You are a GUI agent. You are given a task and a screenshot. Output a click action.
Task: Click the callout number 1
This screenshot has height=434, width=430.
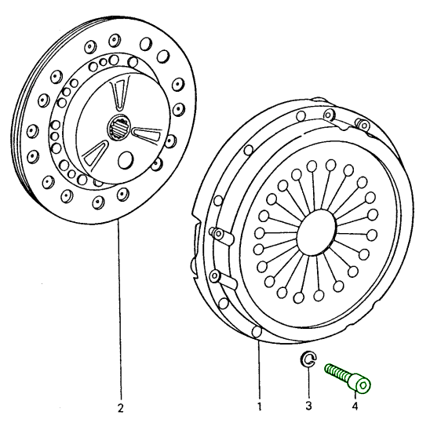(259, 407)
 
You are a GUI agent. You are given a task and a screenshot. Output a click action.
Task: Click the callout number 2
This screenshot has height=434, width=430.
(120, 408)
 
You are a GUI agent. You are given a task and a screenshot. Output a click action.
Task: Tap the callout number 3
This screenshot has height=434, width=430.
(308, 406)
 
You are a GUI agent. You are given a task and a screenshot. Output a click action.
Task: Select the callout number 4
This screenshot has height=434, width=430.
(355, 406)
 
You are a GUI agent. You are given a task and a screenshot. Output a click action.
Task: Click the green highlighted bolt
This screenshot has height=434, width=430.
(348, 377)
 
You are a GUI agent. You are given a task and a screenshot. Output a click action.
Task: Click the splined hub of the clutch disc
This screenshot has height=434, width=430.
(118, 128)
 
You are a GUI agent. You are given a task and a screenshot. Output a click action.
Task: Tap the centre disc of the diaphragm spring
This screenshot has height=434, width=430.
(316, 232)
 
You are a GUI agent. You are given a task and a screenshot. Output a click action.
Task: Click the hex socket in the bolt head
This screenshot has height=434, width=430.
(363, 385)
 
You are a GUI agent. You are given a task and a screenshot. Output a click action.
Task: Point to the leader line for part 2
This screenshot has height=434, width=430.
(119, 309)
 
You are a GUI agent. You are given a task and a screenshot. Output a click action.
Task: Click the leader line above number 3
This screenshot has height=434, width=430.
(308, 383)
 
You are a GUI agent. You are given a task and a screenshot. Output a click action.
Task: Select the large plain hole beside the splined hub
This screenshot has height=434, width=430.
(126, 160)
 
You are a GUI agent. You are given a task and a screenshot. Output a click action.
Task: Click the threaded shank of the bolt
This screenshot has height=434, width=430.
(337, 373)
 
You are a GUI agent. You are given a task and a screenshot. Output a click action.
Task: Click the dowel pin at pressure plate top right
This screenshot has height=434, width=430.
(363, 125)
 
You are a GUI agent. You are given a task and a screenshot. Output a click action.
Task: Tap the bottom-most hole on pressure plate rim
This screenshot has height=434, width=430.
(257, 332)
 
